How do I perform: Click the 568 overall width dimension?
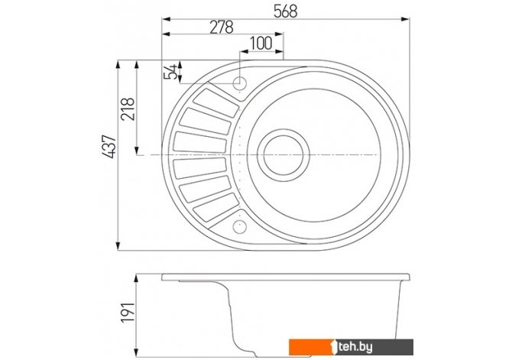[x=285, y=11]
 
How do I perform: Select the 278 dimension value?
[x=222, y=28]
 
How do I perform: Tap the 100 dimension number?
[x=261, y=43]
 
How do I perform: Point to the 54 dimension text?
[x=170, y=72]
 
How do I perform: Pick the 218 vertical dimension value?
[x=128, y=109]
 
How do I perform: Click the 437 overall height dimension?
[x=109, y=147]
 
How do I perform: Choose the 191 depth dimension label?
[x=128, y=313]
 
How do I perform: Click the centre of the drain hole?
[x=283, y=155]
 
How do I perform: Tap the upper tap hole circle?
[x=240, y=83]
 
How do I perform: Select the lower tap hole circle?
[x=240, y=227]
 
